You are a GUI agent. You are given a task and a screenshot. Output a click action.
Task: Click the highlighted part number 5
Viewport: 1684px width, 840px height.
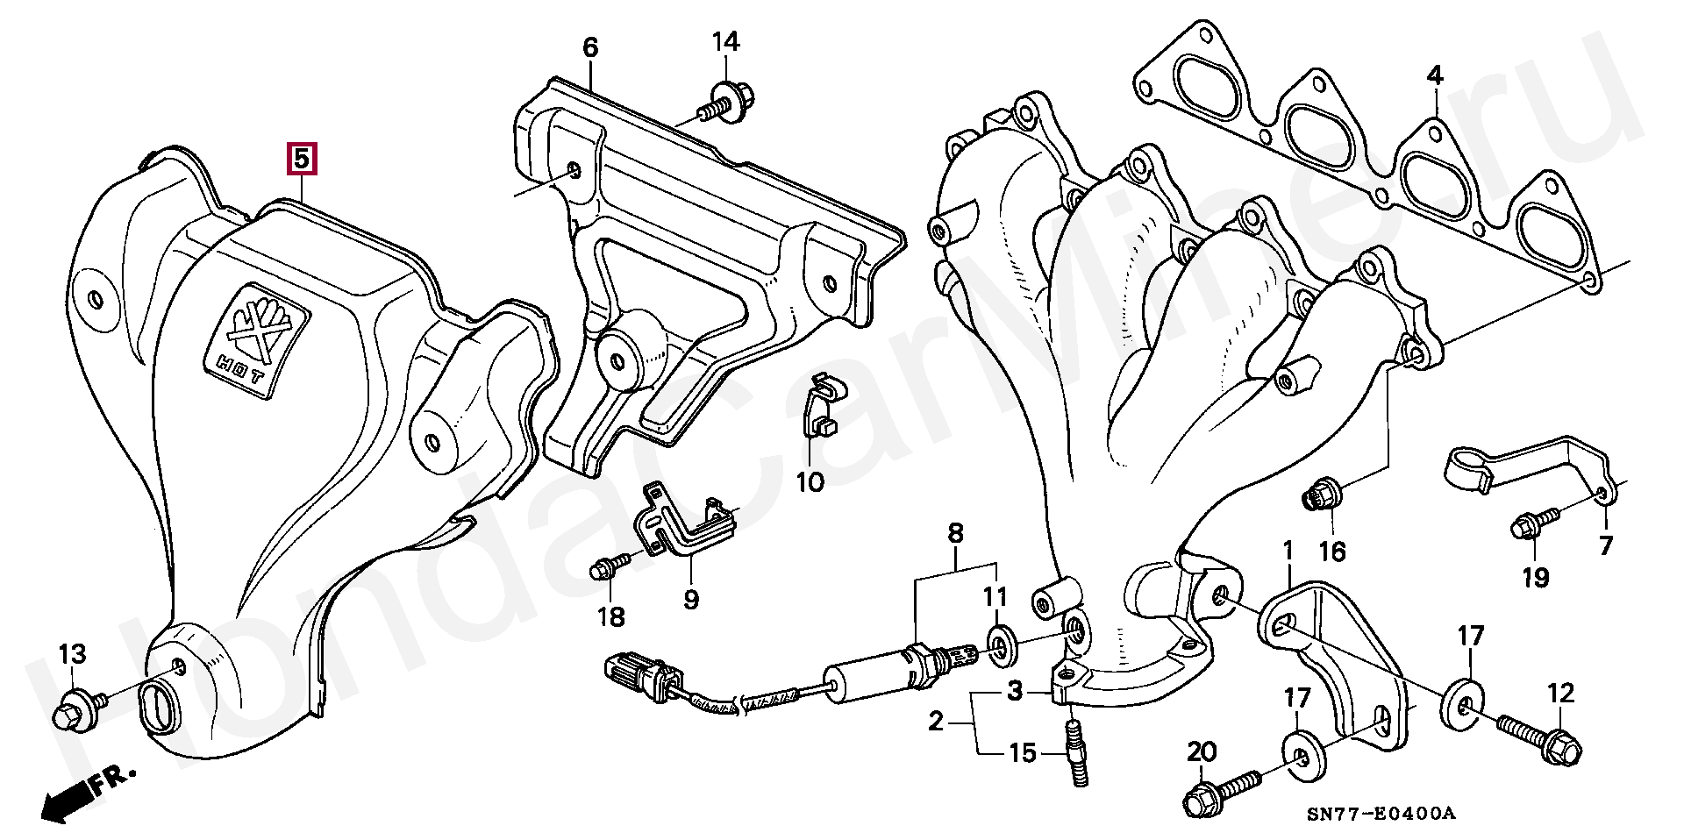tap(300, 159)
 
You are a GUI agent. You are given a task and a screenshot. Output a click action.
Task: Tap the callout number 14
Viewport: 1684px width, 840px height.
tap(725, 41)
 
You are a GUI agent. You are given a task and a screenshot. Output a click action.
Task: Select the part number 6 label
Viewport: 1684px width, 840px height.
tap(590, 47)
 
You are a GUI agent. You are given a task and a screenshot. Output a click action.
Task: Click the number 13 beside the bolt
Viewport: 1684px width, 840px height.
tap(73, 653)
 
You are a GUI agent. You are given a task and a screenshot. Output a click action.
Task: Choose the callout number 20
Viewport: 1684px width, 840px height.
tap(1202, 752)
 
